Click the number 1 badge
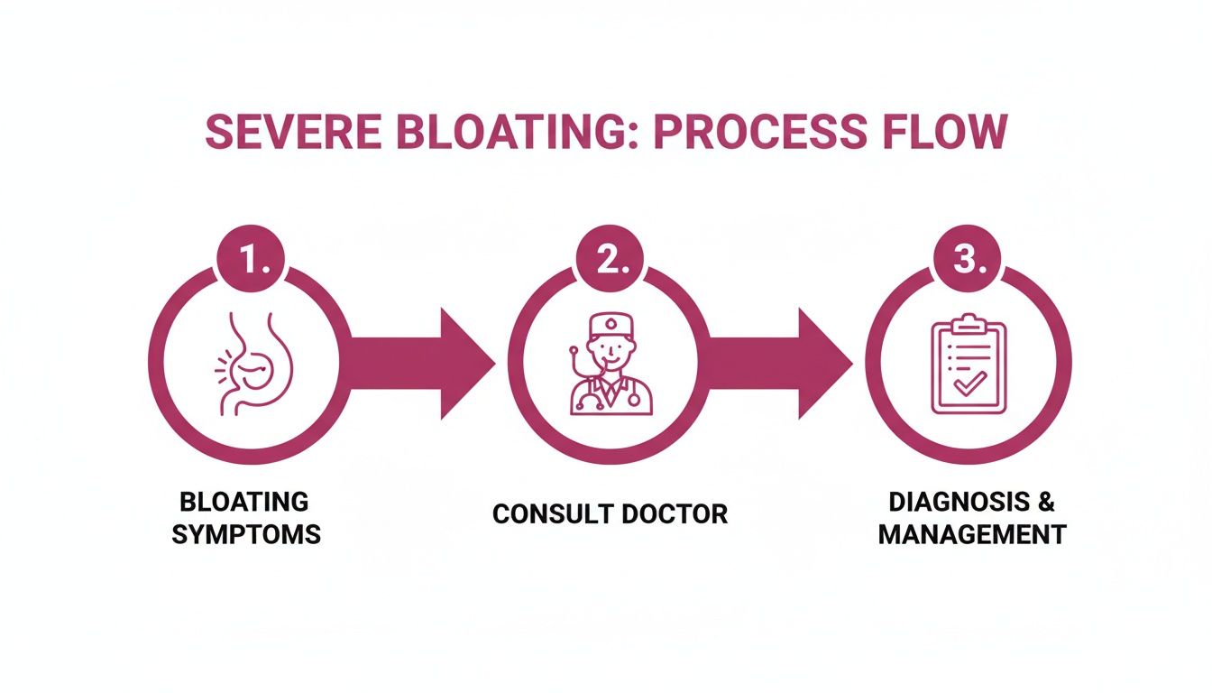[250, 261]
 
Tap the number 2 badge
[610, 261]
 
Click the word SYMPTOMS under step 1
[246, 534]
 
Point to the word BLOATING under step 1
[244, 502]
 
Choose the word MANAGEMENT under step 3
[972, 534]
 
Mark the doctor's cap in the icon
[610, 322]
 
